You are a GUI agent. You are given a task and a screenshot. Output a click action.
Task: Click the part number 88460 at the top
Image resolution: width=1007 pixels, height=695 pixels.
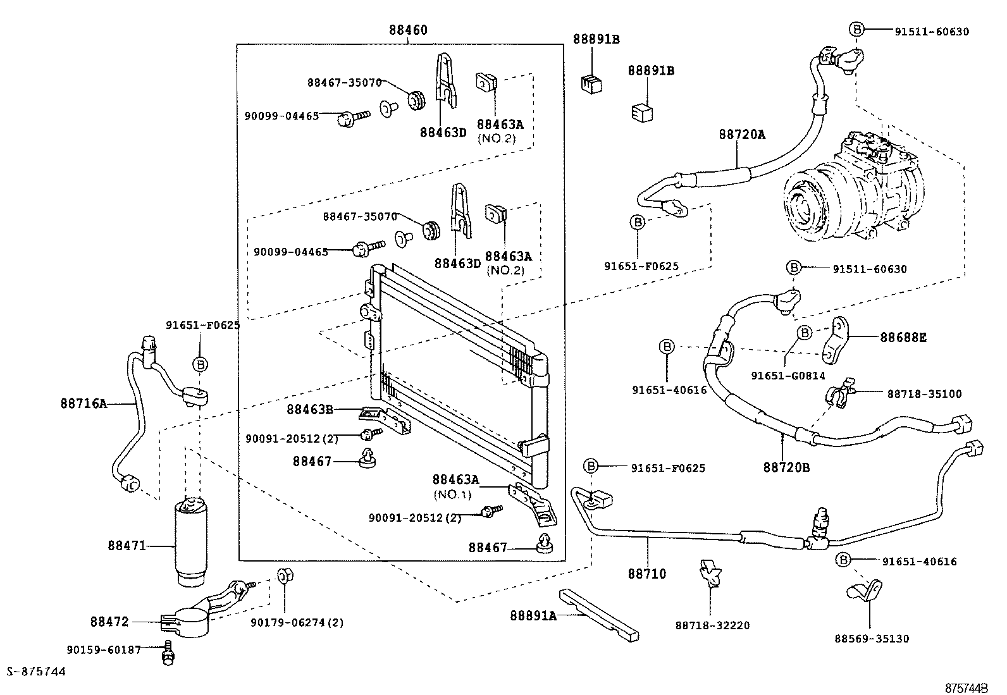click(x=408, y=30)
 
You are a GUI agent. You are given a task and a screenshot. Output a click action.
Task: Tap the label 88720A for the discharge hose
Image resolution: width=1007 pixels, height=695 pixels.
click(x=741, y=134)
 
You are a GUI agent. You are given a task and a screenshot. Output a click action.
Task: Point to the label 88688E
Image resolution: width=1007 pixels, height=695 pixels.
click(x=903, y=338)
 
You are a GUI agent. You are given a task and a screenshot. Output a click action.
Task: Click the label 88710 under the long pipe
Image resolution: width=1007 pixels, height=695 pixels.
click(x=647, y=574)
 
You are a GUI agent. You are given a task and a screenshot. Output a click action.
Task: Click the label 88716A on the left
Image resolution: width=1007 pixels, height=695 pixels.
click(x=84, y=403)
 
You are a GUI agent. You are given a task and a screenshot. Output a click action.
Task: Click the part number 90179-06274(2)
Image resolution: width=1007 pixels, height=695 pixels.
click(x=297, y=622)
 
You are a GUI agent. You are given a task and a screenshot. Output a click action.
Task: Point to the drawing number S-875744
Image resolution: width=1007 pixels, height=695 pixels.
click(x=36, y=672)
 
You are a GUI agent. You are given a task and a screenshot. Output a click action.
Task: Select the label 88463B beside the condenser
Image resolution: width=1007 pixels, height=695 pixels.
click(x=309, y=409)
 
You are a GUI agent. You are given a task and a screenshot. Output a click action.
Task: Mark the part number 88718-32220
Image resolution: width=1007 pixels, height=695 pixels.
click(x=712, y=625)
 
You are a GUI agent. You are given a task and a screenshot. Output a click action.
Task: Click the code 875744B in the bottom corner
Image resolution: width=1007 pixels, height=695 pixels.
click(x=966, y=687)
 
